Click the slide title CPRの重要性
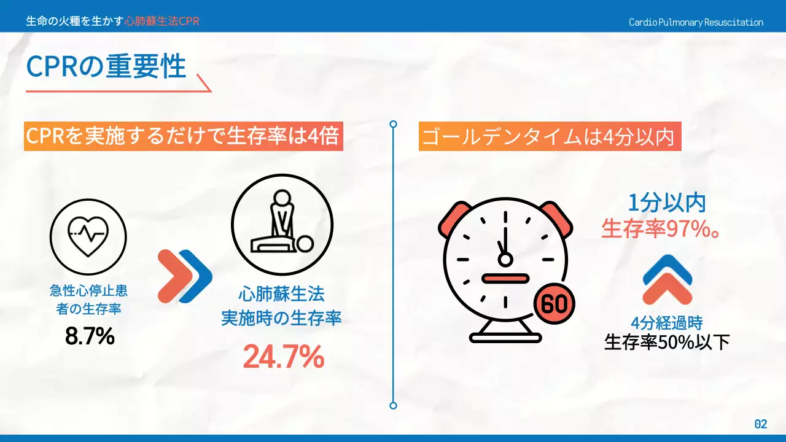pyautogui.click(x=106, y=66)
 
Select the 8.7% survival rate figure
pyautogui.click(x=90, y=336)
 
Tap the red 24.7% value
pyautogui.click(x=283, y=357)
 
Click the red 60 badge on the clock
pyautogui.click(x=554, y=304)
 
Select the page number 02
pyautogui.click(x=760, y=424)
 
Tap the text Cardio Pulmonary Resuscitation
pyautogui.click(x=696, y=22)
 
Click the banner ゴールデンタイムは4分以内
pyautogui.click(x=550, y=137)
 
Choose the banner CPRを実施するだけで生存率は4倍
pyautogui.click(x=183, y=136)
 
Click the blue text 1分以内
pyautogui.click(x=666, y=203)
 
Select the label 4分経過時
pyautogui.click(x=666, y=323)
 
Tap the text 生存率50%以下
pyautogui.click(x=667, y=342)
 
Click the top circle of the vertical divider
pyautogui.click(x=394, y=124)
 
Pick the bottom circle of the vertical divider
pyautogui.click(x=394, y=405)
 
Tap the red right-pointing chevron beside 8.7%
pyautogui.click(x=172, y=276)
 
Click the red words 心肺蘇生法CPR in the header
pyautogui.click(x=161, y=21)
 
